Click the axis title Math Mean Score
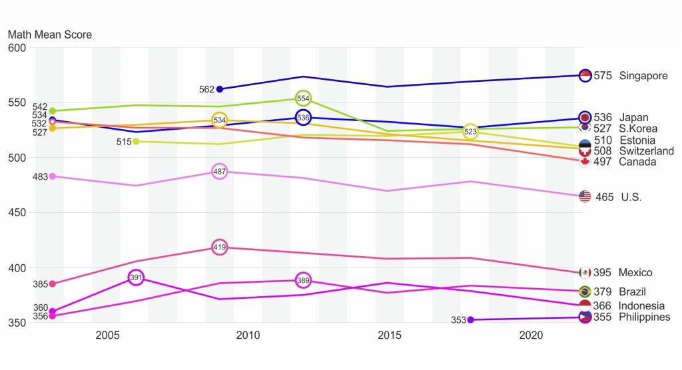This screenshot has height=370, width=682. pos(50,35)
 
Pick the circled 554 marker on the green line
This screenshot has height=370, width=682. pos(303,98)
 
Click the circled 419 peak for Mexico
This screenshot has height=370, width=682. pos(220,247)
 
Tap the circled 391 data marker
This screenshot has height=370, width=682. pos(136,277)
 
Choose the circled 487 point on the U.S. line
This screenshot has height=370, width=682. pos(220,172)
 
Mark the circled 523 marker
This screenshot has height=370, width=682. pos(471,132)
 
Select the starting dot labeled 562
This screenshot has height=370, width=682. pos(220,89)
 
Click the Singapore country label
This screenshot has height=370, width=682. pos(643,76)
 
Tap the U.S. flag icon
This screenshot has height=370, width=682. pos(585,196)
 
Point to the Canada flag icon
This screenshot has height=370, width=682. pos(585,162)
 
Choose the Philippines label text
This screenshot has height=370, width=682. pos(645,317)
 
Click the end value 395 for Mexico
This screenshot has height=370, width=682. pos(603,273)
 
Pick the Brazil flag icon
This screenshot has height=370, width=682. pos(585,291)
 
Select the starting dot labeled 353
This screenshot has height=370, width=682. pos(471,320)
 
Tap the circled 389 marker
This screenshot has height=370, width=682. pos(303,281)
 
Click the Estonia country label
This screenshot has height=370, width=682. pos(637,140)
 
